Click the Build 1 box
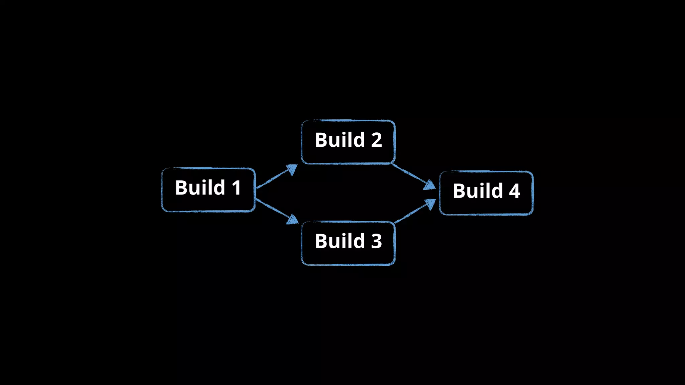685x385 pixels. [x=208, y=190]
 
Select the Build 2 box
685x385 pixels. [x=348, y=142]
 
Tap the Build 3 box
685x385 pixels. [x=348, y=243]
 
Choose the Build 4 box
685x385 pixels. [x=486, y=193]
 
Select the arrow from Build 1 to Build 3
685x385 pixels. [x=275, y=210]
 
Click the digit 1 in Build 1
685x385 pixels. [x=236, y=188]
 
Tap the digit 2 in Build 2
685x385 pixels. [x=376, y=140]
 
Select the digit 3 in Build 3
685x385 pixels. [x=376, y=241]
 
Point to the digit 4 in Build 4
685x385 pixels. [x=514, y=191]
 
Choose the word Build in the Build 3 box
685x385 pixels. [x=340, y=241]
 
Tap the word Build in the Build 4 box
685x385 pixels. [x=478, y=191]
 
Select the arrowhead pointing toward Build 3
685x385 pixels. [x=293, y=220]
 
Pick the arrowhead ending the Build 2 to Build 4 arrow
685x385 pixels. [x=430, y=185]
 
